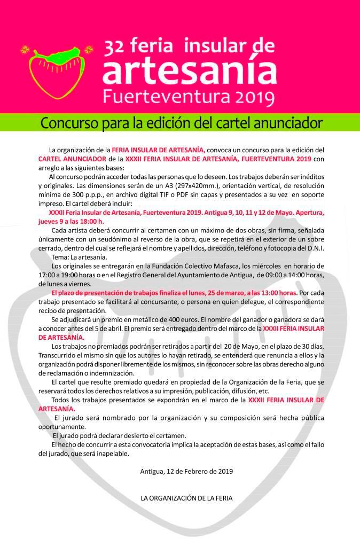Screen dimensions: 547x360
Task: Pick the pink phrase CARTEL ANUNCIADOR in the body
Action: point(72,159)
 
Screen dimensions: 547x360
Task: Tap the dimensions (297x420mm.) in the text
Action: point(208,185)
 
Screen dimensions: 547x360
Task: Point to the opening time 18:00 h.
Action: point(92,221)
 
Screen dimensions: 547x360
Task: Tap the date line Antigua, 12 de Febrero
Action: point(186,472)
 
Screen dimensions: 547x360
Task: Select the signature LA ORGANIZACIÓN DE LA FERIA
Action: point(186,498)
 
